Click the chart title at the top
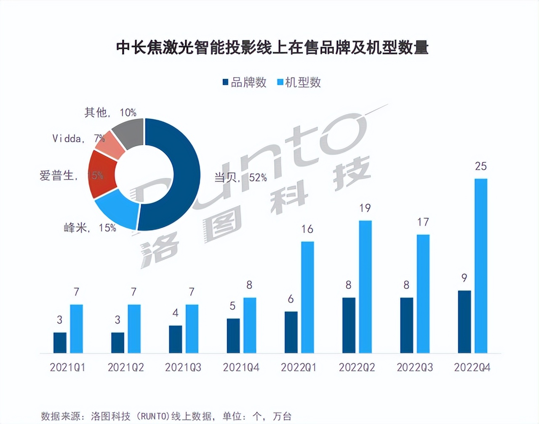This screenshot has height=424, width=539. [x=272, y=47]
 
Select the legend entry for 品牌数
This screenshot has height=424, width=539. [x=245, y=83]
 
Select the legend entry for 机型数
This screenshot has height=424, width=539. [x=299, y=83]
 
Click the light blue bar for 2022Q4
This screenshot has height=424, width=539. [x=480, y=266]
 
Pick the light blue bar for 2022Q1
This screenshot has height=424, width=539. [x=307, y=297]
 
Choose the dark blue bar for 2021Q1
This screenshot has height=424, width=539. [x=60, y=343]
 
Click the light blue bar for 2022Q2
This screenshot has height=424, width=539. [x=365, y=287]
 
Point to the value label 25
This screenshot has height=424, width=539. [x=480, y=166]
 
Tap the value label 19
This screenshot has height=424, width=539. [x=365, y=208]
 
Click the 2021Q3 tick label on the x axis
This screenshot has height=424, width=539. [x=183, y=368]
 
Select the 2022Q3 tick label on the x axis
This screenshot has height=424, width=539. [x=414, y=368]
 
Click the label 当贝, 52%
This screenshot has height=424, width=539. [x=240, y=178]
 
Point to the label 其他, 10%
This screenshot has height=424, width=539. [x=110, y=113]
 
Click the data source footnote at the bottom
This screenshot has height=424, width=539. [x=166, y=416]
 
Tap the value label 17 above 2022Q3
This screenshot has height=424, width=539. [x=423, y=222]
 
